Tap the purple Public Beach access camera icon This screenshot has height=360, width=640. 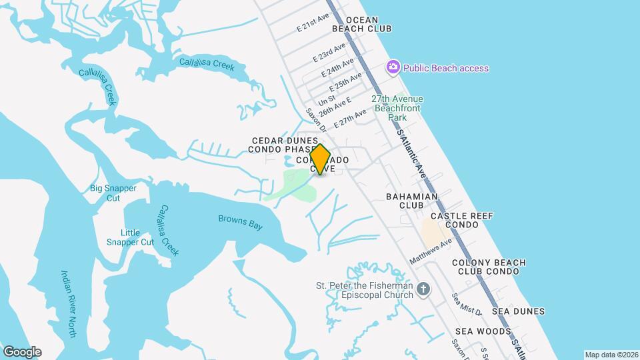pyautogui.click(x=393, y=67)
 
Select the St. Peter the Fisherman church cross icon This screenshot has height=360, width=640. pyautogui.click(x=423, y=290)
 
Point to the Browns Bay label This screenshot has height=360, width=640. pyautogui.click(x=240, y=222)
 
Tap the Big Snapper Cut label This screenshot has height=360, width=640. pyautogui.click(x=113, y=193)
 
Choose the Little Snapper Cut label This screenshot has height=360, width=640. pyautogui.click(x=130, y=237)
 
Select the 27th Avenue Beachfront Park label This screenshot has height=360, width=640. pyautogui.click(x=399, y=108)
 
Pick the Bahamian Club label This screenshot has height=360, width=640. pyautogui.click(x=412, y=201)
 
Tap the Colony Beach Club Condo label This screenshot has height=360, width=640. pyautogui.click(x=489, y=267)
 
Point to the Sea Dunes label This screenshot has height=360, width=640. pyautogui.click(x=518, y=311)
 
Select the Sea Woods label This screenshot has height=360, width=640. pyautogui.click(x=483, y=331)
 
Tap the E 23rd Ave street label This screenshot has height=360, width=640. pyautogui.click(x=330, y=53)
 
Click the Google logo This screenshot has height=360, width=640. pyautogui.click(x=22, y=352)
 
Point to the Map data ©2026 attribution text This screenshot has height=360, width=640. pyautogui.click(x=611, y=355)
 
